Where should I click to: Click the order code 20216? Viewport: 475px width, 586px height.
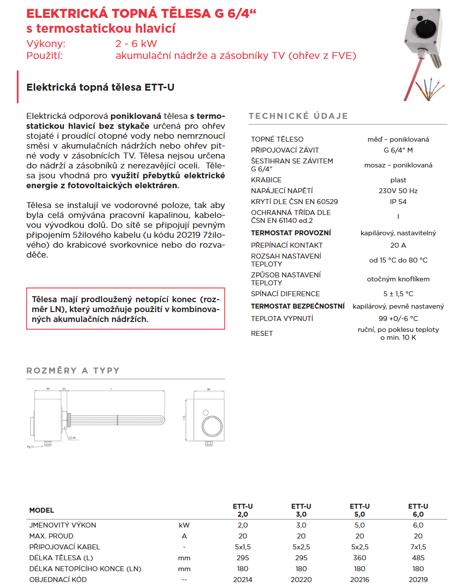[360, 580]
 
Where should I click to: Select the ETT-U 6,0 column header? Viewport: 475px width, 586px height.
[418, 510]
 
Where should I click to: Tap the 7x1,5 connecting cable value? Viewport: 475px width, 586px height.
[418, 547]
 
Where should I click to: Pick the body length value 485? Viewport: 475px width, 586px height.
[418, 558]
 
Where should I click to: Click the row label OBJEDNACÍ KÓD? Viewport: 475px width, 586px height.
[58, 580]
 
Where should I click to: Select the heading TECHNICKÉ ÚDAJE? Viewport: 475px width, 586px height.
[298, 116]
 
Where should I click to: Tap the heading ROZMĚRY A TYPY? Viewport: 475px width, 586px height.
[73, 371]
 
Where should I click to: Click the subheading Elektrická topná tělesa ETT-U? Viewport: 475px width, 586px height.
[100, 88]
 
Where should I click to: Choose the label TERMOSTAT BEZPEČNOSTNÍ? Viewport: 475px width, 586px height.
[298, 307]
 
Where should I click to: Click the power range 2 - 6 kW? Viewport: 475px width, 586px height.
[136, 44]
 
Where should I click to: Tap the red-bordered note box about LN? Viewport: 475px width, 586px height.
[126, 309]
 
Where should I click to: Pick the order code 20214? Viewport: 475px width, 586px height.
[243, 580]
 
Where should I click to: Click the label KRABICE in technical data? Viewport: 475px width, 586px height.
[266, 180]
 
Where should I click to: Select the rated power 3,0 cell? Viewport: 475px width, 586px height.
[301, 525]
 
